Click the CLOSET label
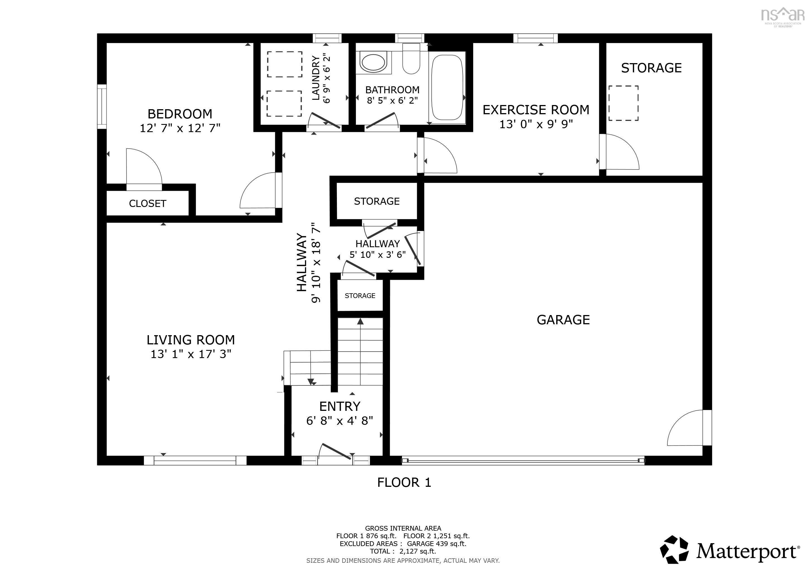(x=147, y=204)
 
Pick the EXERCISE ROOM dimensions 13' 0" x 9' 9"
(x=536, y=124)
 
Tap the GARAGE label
(x=563, y=320)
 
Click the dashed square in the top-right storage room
(x=623, y=103)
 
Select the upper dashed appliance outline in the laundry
(x=284, y=64)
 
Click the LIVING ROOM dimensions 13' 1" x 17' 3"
(x=191, y=354)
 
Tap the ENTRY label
(x=340, y=406)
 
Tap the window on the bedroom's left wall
(x=102, y=106)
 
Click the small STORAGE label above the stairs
(x=360, y=296)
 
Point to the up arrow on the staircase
(x=360, y=321)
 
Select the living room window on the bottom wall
(x=195, y=460)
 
